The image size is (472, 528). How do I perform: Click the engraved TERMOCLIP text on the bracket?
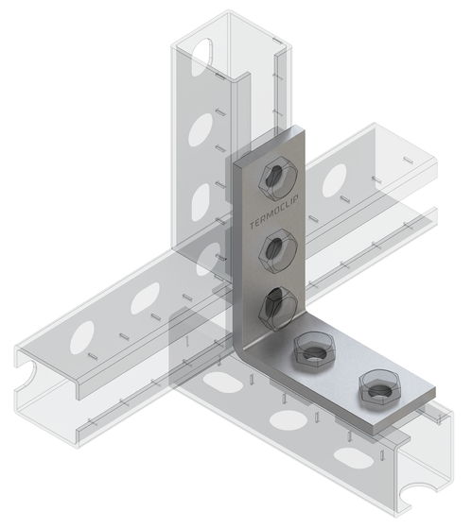(x=257, y=209)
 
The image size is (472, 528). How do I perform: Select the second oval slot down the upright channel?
(x=201, y=124)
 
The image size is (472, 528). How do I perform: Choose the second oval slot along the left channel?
(x=145, y=301)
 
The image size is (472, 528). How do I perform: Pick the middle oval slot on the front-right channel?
(x=281, y=415)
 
